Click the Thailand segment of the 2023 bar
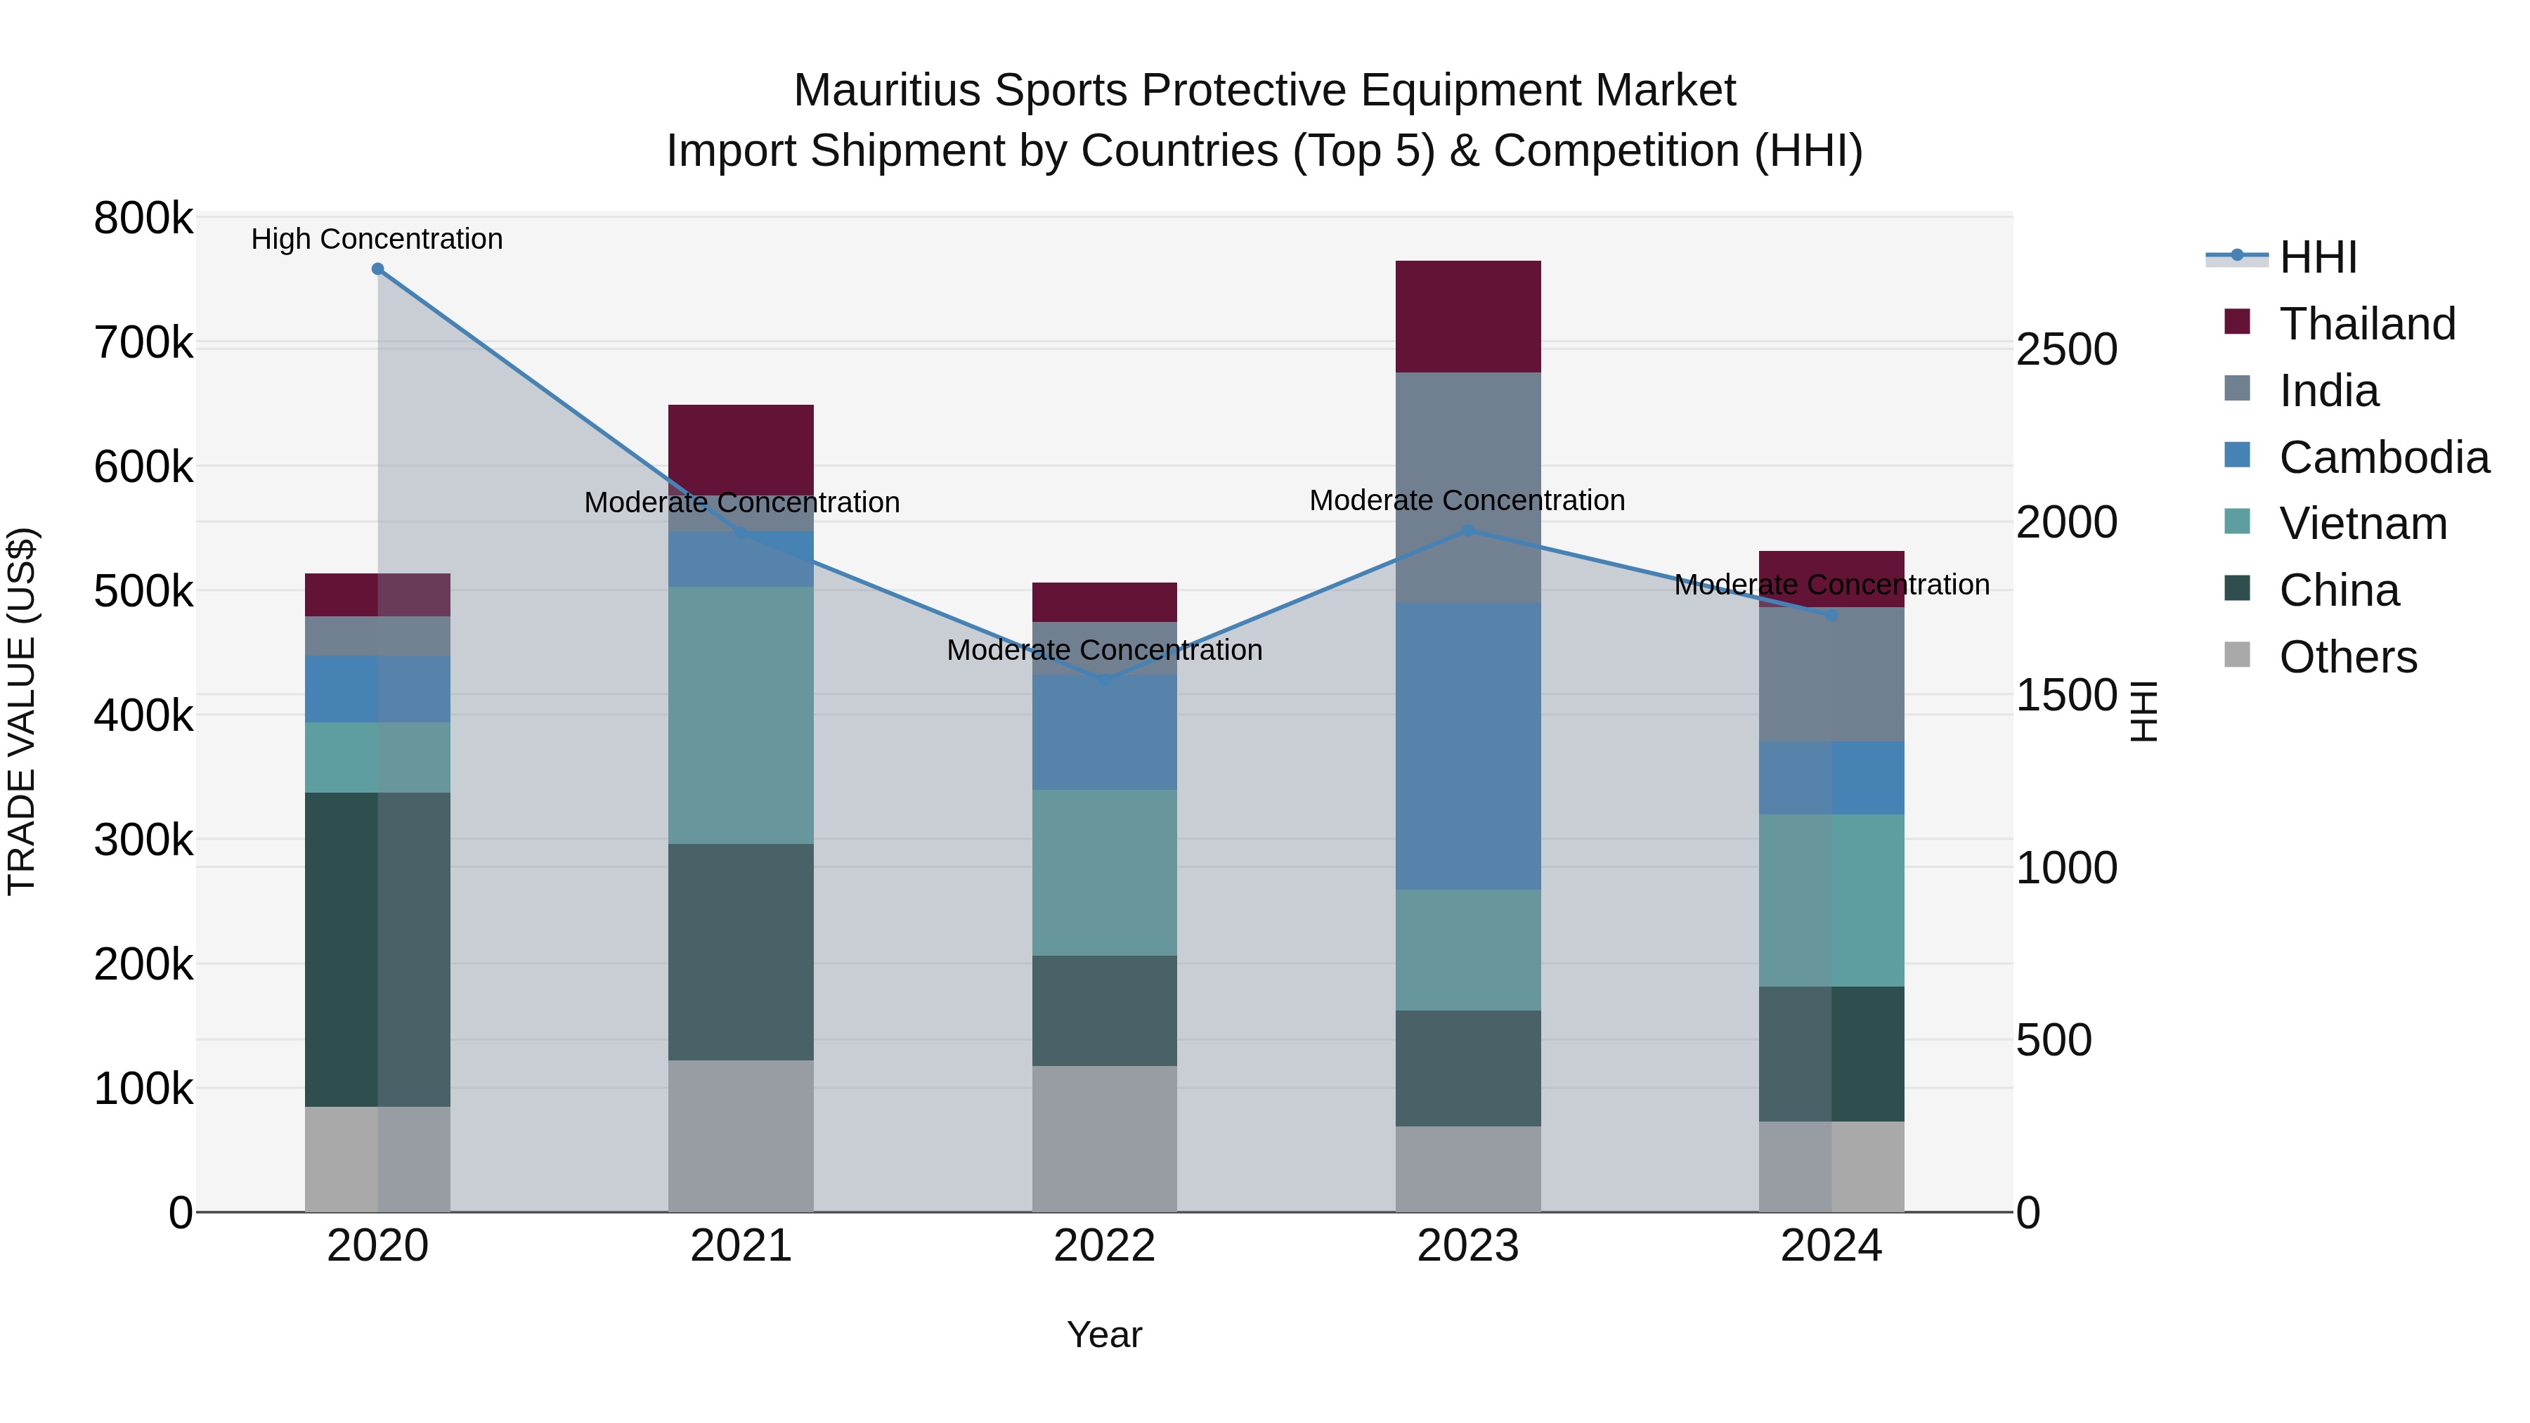(1467, 316)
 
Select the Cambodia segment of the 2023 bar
(1467, 746)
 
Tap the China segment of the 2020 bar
(377, 949)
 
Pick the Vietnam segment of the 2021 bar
(741, 715)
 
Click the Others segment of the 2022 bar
(1104, 1138)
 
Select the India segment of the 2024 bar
(1831, 674)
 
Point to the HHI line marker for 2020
(377, 269)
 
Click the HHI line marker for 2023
(1468, 531)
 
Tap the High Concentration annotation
(377, 240)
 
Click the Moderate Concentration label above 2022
(1104, 650)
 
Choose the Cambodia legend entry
(2384, 457)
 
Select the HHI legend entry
(2318, 257)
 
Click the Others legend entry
(2347, 657)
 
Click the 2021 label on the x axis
(741, 1246)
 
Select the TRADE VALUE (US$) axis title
(22, 711)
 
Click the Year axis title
(1104, 1334)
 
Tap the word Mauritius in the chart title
(887, 91)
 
